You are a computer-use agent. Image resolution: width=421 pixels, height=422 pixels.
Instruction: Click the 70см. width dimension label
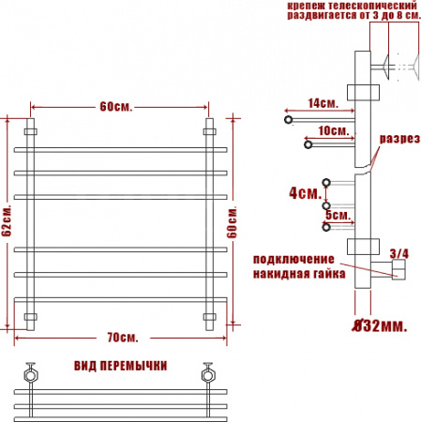(x=123, y=338)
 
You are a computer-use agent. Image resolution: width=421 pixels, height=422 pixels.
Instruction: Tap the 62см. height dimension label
(x=8, y=221)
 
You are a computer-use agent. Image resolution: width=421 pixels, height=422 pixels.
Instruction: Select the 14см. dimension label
(x=323, y=103)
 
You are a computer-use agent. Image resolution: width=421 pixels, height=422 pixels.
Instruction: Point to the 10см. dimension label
(x=334, y=130)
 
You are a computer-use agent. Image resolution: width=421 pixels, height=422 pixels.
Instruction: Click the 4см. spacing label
(x=306, y=193)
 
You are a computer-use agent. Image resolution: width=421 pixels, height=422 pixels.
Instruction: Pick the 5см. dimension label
(x=338, y=215)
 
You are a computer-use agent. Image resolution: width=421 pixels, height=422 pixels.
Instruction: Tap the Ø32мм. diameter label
(x=380, y=326)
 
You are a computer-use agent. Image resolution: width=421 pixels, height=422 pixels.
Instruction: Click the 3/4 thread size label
(x=399, y=253)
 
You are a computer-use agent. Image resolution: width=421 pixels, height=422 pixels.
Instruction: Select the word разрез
(x=399, y=139)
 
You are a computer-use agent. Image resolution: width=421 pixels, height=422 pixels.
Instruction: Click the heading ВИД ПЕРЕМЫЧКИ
(x=121, y=366)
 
